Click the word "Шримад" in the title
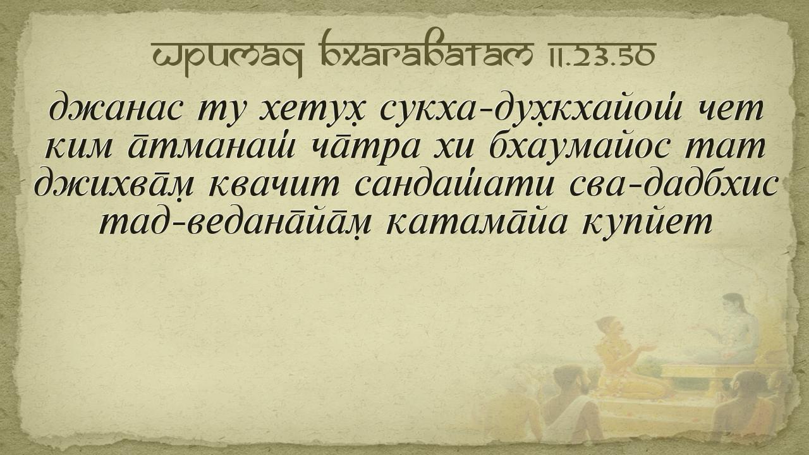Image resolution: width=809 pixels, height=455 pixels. [x=228, y=54]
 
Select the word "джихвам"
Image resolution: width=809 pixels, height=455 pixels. [x=114, y=185]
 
